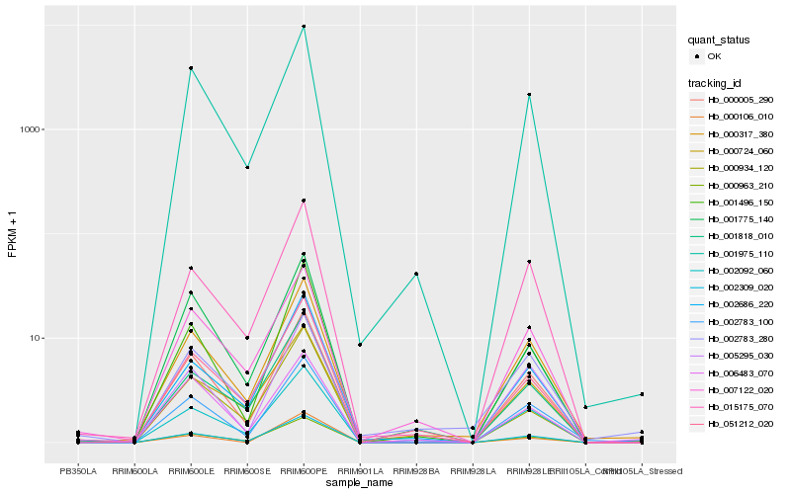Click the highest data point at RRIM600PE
click(304, 27)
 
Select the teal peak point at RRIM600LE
click(190, 68)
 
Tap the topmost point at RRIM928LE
click(529, 95)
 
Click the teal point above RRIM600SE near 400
click(247, 167)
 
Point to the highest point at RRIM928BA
click(416, 274)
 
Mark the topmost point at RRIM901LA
click(360, 345)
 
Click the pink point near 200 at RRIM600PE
click(304, 201)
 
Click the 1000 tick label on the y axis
click(30, 130)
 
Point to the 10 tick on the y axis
click(36, 338)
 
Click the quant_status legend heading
click(720, 41)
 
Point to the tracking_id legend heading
click(716, 82)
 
